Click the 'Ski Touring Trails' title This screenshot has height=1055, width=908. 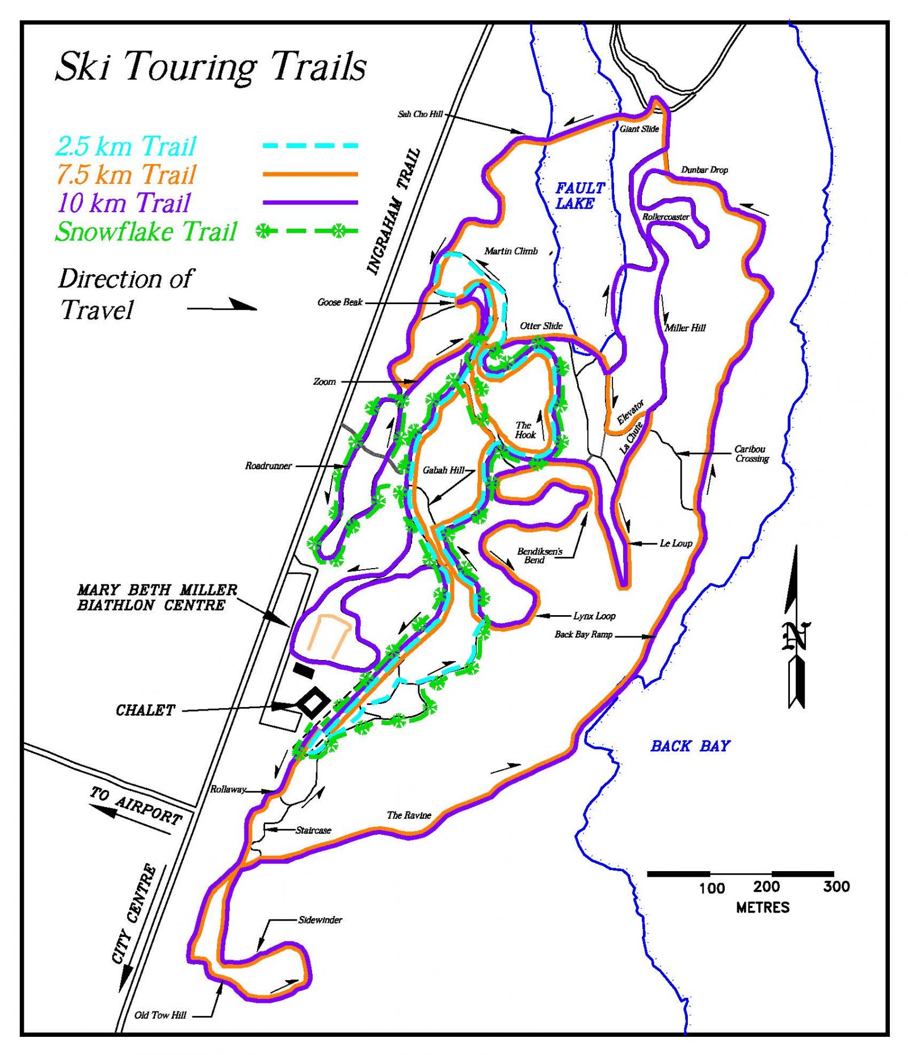point(211,67)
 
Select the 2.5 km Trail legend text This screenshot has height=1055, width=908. point(125,146)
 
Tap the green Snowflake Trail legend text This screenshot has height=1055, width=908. point(146,232)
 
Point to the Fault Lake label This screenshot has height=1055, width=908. point(579,196)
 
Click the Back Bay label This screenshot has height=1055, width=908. point(690,746)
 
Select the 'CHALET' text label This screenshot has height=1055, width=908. point(145,710)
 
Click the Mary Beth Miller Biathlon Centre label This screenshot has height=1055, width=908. point(157,598)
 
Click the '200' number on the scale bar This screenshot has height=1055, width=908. point(766,886)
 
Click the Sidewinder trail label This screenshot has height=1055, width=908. point(320,920)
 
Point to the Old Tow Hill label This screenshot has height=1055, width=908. point(160,1015)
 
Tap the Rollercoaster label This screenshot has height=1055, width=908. point(666,217)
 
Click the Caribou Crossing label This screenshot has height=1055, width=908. point(751,453)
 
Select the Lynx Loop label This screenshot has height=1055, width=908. point(594,616)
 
